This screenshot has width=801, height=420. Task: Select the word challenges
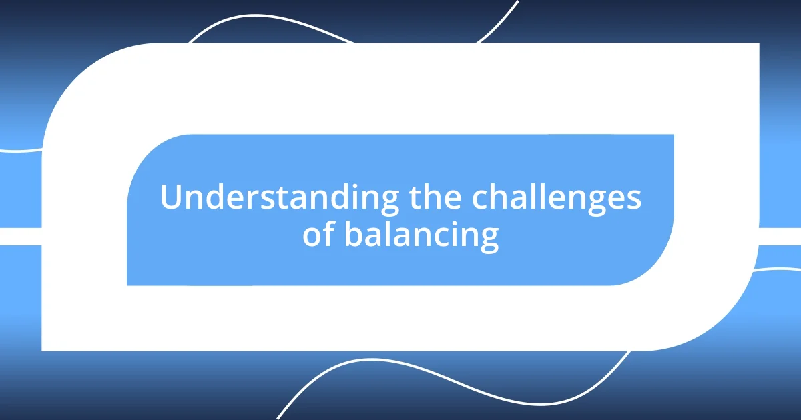(557, 198)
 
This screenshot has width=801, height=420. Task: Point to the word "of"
(319, 235)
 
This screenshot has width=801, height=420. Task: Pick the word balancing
(421, 235)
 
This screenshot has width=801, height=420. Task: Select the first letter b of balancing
(353, 235)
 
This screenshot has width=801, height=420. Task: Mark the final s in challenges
(634, 199)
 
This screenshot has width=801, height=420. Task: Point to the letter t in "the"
(413, 198)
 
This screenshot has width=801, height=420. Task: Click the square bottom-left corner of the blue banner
(129, 283)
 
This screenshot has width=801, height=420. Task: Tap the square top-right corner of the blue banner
(671, 137)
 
